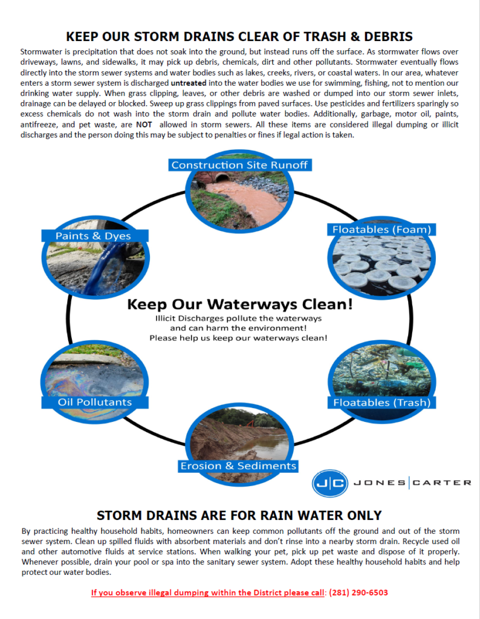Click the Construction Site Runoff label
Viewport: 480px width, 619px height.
pos(239,165)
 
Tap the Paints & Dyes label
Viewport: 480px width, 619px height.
pos(93,236)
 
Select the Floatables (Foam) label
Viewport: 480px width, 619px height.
pos(381,230)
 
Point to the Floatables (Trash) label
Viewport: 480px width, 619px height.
pos(381,402)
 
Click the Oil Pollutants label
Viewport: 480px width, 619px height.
pos(94,402)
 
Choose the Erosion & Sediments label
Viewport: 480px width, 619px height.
pos(238,465)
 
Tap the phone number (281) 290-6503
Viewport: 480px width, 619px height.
pos(358,592)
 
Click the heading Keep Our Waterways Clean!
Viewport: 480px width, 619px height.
pos(239,304)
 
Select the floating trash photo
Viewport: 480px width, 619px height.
pos(381,372)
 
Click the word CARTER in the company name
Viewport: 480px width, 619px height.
pos(442,482)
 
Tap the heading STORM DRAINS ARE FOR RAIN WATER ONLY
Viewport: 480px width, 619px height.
pos(239,516)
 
